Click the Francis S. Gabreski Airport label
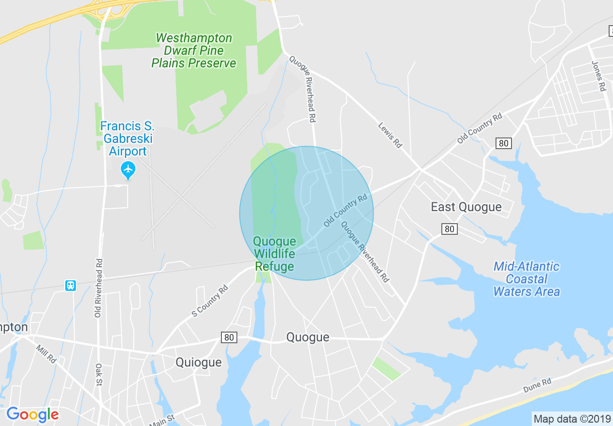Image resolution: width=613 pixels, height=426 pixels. click(x=127, y=139)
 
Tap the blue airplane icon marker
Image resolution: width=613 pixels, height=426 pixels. click(x=128, y=169)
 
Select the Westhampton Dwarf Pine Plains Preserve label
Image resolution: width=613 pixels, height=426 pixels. click(x=194, y=50)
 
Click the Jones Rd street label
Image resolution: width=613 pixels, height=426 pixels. click(x=598, y=76)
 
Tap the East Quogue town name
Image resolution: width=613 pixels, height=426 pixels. click(x=466, y=207)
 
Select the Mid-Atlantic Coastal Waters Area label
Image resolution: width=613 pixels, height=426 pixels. click(x=526, y=279)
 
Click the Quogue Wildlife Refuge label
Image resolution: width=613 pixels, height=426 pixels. click(x=274, y=254)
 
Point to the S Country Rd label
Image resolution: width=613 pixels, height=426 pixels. click(x=209, y=301)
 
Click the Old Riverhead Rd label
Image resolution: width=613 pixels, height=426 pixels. click(x=99, y=288)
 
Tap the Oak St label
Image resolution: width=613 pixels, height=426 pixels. click(x=99, y=375)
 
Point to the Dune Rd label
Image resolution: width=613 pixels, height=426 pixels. click(x=537, y=385)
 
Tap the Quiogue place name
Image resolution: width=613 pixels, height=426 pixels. click(x=198, y=362)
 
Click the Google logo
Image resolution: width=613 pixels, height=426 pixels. click(x=32, y=414)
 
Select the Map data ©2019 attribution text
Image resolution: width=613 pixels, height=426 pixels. click(x=571, y=419)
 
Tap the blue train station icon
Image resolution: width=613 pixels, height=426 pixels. click(x=71, y=286)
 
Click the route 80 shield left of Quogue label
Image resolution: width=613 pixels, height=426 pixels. click(x=229, y=337)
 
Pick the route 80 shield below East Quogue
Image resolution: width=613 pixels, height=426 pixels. click(x=450, y=228)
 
